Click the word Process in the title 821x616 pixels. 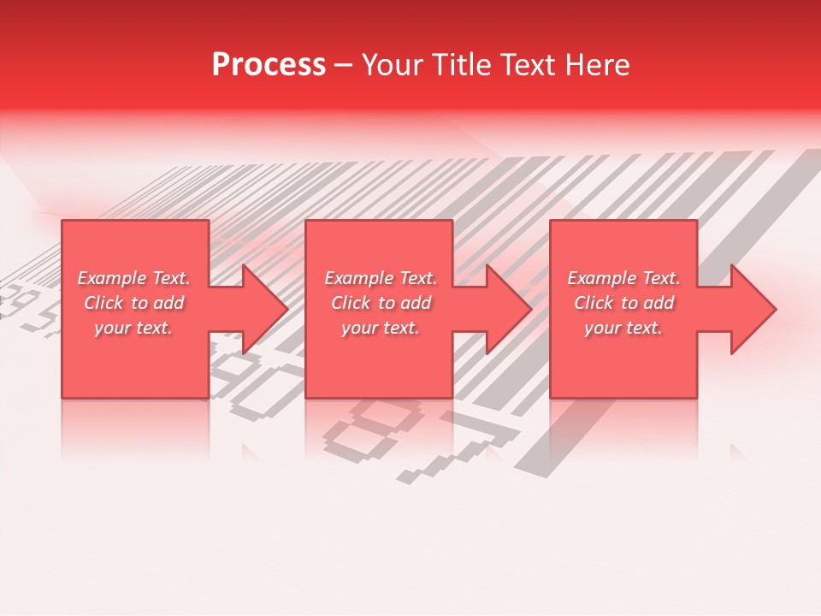coord(269,65)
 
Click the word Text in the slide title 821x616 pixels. coord(529,65)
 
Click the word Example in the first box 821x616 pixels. coord(112,278)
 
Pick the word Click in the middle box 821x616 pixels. coord(350,303)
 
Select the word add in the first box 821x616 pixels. coord(169,303)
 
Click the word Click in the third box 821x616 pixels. coord(593,303)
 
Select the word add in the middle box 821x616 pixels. coord(416,303)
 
